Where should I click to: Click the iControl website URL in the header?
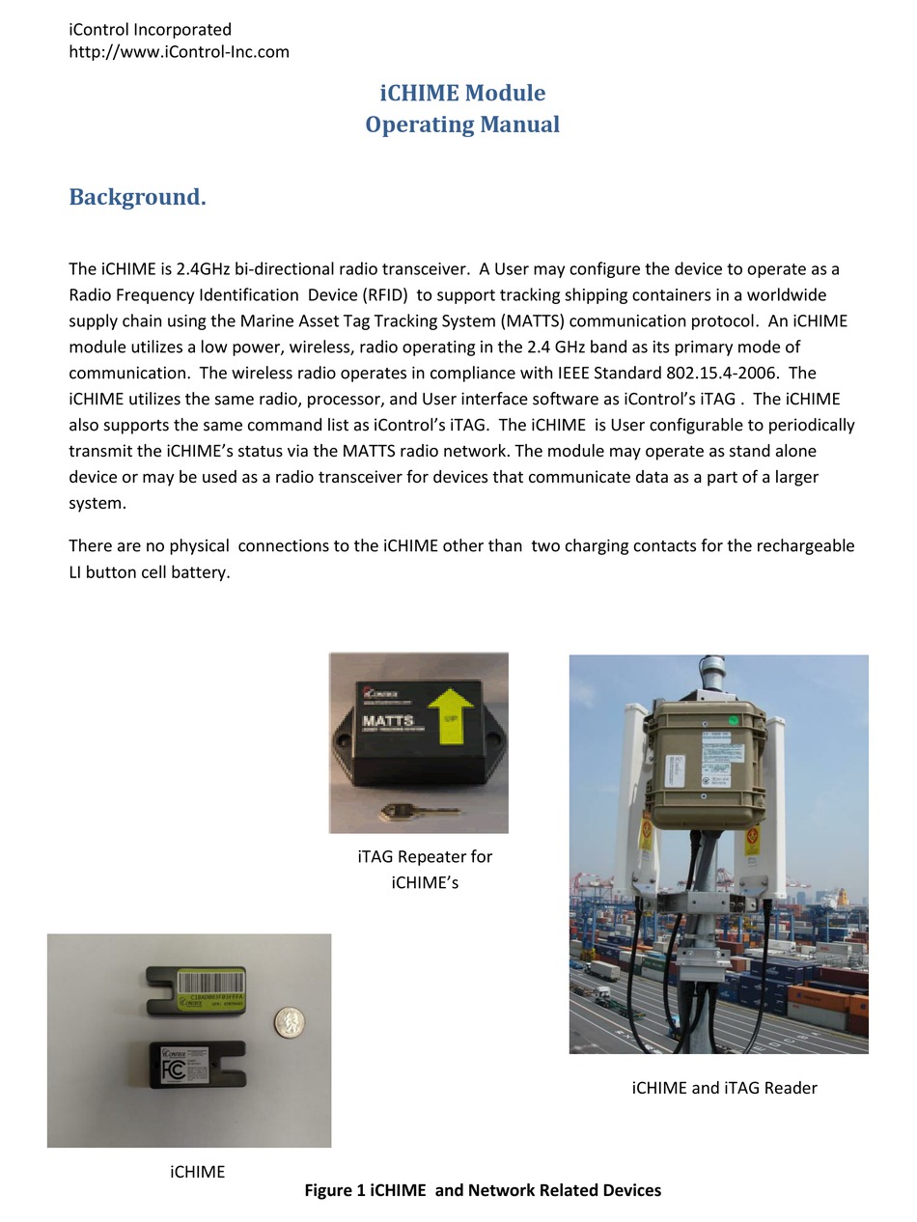(179, 52)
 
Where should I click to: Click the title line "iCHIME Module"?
(462, 94)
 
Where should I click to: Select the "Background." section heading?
(137, 198)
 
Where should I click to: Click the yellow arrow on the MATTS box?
(450, 718)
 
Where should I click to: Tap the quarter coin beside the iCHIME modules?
(288, 1022)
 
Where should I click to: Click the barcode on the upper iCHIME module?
(203, 983)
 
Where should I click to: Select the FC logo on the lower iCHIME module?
(174, 1070)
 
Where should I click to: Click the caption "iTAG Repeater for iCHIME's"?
(425, 870)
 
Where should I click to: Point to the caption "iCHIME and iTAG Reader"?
(724, 1089)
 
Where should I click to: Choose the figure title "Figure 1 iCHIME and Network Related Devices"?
(483, 1191)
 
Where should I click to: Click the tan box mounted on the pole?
(707, 763)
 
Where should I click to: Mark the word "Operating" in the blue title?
(418, 125)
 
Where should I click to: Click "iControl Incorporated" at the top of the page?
(150, 30)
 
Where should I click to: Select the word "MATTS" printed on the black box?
(388, 720)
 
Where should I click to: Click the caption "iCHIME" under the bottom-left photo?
(197, 1173)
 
